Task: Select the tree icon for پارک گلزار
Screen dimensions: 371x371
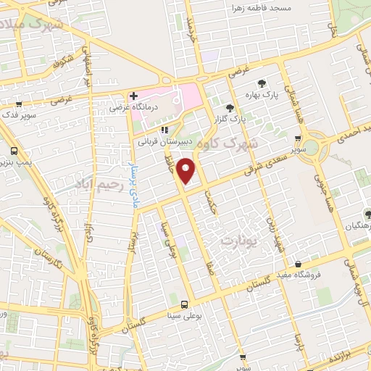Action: [231, 106]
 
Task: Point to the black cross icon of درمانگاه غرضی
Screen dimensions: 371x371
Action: [133, 96]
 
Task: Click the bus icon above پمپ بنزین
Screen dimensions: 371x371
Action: [14, 151]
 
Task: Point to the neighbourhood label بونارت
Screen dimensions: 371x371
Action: [240, 238]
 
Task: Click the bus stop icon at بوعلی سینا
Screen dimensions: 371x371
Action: [184, 304]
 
